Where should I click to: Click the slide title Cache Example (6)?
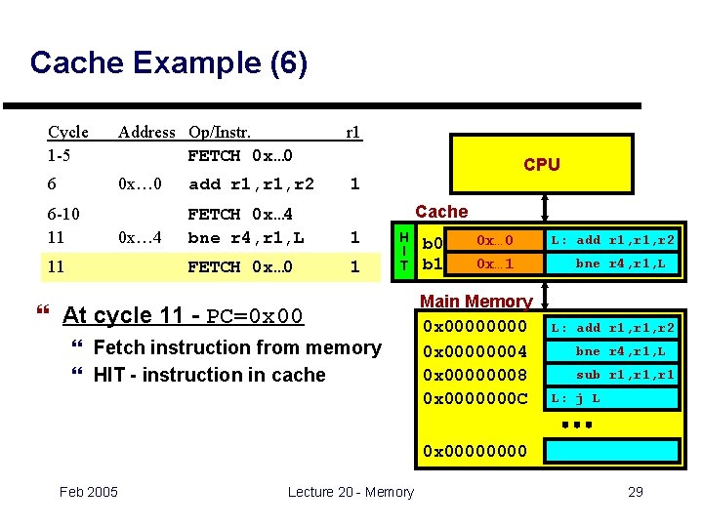(169, 63)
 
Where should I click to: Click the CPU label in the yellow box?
(541, 164)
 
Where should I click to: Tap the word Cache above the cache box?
(441, 212)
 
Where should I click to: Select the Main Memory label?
(476, 303)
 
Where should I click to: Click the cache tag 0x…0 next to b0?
(494, 240)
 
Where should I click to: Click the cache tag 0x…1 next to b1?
(494, 263)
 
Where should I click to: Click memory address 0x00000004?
(475, 351)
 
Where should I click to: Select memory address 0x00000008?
(475, 375)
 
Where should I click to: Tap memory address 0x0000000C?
(475, 398)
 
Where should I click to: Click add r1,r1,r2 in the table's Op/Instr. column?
(251, 183)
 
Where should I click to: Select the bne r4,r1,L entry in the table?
(245, 237)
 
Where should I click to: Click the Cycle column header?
(68, 132)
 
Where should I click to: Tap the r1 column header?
(353, 132)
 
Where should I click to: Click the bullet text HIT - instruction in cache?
(209, 375)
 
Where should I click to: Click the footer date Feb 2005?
(88, 492)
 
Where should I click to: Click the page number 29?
(635, 492)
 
